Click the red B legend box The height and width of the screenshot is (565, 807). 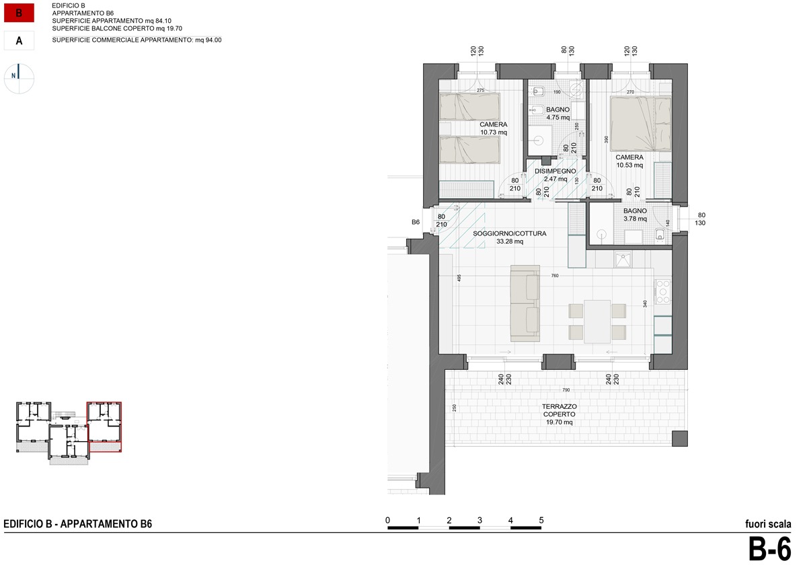pyautogui.click(x=19, y=13)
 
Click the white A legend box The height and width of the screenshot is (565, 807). pyautogui.click(x=19, y=41)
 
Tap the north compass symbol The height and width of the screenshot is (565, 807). pyautogui.click(x=20, y=77)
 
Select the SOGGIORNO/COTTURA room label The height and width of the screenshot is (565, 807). pyautogui.click(x=509, y=233)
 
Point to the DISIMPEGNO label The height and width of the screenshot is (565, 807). pyautogui.click(x=555, y=171)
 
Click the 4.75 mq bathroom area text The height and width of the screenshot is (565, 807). pyautogui.click(x=558, y=117)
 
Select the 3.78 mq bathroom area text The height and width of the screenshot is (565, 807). pyautogui.click(x=634, y=218)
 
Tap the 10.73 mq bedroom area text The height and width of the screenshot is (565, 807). pyautogui.click(x=493, y=133)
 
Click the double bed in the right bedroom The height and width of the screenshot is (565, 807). pyautogui.click(x=640, y=123)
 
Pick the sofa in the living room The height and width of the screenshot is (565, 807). pyautogui.click(x=525, y=303)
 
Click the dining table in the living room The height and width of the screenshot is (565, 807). pyautogui.click(x=597, y=321)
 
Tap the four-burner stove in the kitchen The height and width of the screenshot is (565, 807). pyautogui.click(x=662, y=291)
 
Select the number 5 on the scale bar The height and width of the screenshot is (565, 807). pyautogui.click(x=541, y=520)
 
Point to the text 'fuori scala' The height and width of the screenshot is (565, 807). pyautogui.click(x=767, y=525)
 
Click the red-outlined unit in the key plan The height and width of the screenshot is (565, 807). pyautogui.click(x=104, y=426)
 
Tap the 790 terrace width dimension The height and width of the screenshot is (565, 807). pyautogui.click(x=566, y=390)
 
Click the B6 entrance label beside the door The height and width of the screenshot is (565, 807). pyautogui.click(x=416, y=222)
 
